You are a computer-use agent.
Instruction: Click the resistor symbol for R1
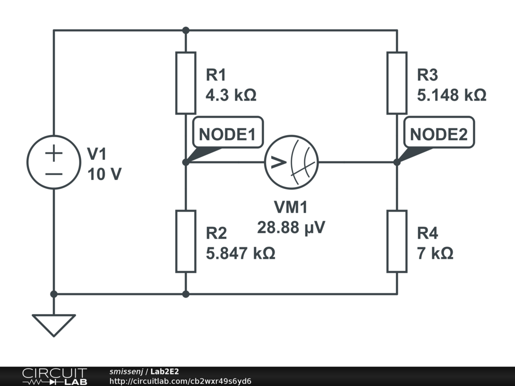coord(186,83)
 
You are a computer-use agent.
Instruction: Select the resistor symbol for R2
coord(186,241)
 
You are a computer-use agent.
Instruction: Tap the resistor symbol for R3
coord(397,83)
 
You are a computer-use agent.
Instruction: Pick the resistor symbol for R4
coord(397,241)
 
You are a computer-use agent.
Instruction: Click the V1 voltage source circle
coord(53,162)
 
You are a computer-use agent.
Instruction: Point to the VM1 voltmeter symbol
coord(292,162)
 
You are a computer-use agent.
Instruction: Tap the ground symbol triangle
coord(53,323)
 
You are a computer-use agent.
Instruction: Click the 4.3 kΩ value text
coord(231,95)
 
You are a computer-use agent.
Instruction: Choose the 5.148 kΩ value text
coord(452,95)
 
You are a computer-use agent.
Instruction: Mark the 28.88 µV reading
coord(291,228)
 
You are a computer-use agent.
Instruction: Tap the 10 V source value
coord(104,174)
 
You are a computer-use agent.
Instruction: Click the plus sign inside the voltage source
coord(53,153)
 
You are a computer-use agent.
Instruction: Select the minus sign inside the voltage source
coord(53,174)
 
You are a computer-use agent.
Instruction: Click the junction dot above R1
coord(186,30)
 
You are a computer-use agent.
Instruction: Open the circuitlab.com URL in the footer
coord(180,381)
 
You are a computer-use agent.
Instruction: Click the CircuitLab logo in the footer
coord(54,376)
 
